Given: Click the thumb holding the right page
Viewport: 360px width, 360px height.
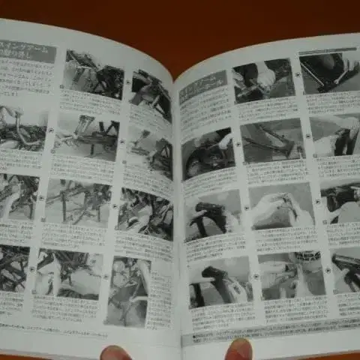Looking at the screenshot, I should click(239, 349).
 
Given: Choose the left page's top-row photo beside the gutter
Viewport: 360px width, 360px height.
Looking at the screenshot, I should click(151, 94).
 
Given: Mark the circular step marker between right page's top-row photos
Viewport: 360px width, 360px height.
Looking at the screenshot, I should click(297, 75).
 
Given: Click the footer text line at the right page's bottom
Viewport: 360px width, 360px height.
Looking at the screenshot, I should click(270, 330).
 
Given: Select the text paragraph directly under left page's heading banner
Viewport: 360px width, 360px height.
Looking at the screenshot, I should click(27, 79).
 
